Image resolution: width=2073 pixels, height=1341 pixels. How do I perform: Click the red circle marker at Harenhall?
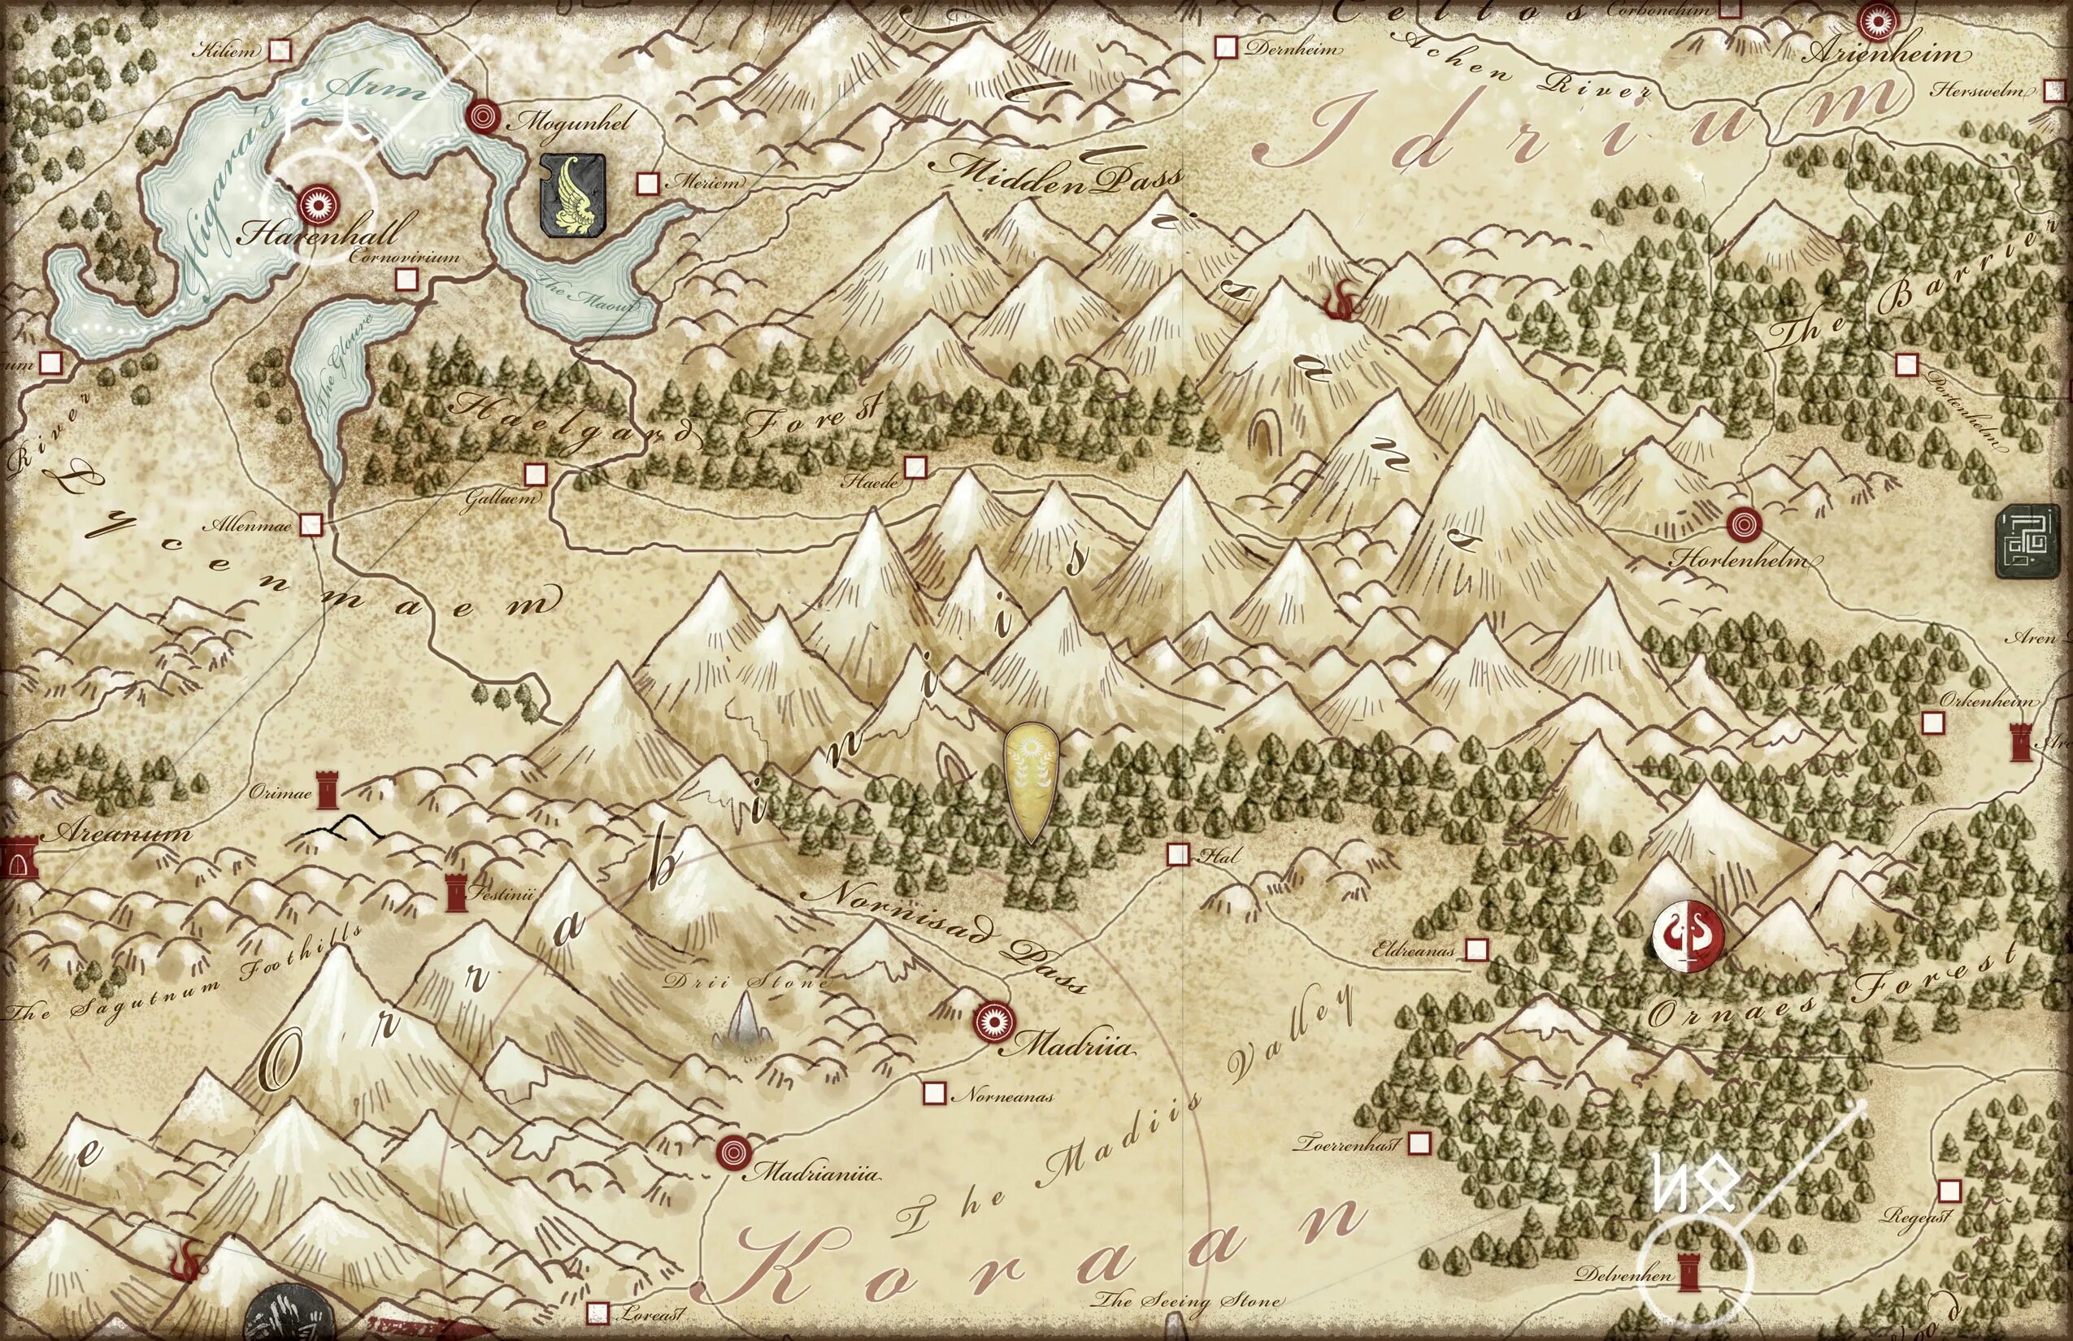click(315, 206)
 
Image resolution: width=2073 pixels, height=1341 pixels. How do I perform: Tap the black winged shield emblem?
click(572, 196)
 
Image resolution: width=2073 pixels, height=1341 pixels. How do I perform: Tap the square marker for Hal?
click(1178, 854)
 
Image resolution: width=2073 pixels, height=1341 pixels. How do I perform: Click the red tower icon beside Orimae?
click(327, 790)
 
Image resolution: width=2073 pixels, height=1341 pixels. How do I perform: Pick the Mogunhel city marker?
click(481, 115)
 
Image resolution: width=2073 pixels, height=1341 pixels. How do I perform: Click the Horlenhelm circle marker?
click(1744, 524)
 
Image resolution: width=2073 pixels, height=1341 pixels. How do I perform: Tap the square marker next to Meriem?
click(647, 183)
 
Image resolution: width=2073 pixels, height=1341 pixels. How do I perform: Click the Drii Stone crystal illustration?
click(745, 1021)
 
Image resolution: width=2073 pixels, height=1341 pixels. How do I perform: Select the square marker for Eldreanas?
click(1476, 948)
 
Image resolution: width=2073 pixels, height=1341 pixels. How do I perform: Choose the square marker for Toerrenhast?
click(1419, 1142)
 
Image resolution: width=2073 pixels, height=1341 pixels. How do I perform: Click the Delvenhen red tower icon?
click(1691, 1274)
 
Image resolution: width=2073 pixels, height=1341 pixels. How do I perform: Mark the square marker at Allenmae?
click(311, 525)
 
